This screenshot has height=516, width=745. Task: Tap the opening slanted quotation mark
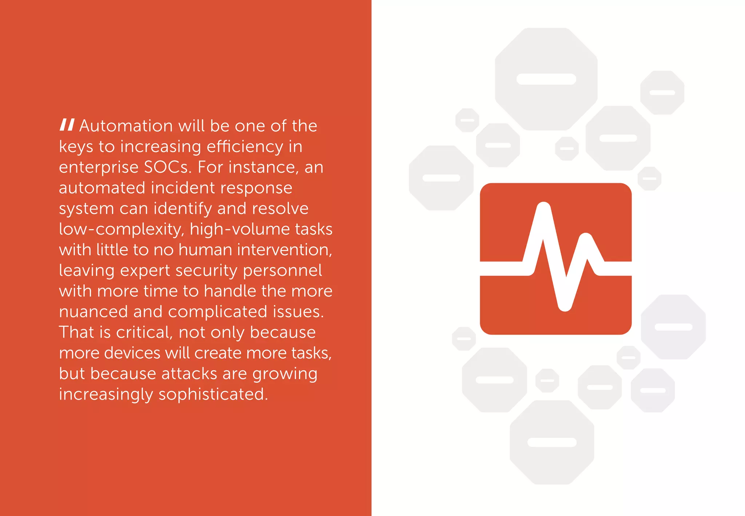[x=67, y=125]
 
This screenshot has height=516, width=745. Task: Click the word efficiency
[x=245, y=147]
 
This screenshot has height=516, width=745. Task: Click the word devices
[x=132, y=353]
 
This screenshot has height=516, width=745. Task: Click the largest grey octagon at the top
[x=546, y=79]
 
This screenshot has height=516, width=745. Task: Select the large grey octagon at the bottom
[x=552, y=442]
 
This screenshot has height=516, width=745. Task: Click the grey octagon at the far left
[x=441, y=178]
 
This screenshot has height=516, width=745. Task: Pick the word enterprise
[x=99, y=167]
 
